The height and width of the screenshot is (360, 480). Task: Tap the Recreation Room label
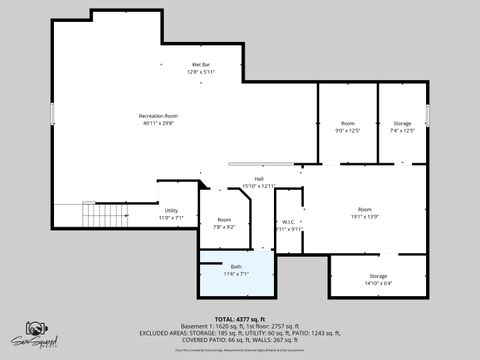158,116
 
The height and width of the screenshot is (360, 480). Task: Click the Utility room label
171,210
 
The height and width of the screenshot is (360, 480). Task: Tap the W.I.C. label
288,221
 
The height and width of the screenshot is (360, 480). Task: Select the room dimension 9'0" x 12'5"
347,130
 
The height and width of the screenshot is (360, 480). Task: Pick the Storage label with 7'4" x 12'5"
401,123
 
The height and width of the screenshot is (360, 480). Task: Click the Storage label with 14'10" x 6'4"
378,275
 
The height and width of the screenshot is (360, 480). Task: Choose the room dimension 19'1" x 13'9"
364,216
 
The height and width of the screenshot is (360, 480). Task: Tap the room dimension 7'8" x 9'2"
224,227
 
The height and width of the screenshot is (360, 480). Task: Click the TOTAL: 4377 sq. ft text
239,318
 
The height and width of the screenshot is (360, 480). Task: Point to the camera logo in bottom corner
35,331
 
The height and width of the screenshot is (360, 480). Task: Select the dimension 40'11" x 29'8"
158,124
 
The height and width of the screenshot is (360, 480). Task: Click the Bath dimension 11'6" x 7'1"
236,274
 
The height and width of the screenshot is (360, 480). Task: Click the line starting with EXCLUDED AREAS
239,332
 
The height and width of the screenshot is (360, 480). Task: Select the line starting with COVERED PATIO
239,339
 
